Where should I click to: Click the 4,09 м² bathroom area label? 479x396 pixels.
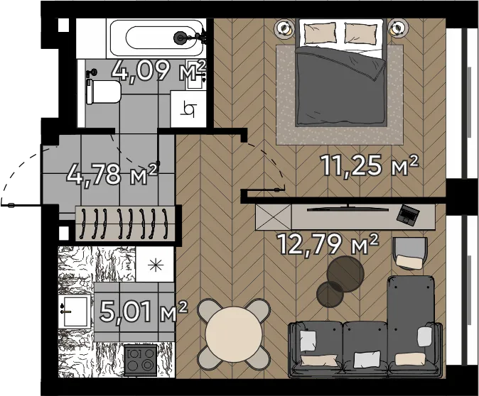pyautogui.click(x=159, y=71)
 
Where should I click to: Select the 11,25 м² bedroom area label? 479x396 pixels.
pyautogui.click(x=369, y=165)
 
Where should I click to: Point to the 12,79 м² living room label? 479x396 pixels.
pyautogui.click(x=328, y=244)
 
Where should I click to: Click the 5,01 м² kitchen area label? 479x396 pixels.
pyautogui.click(x=143, y=312)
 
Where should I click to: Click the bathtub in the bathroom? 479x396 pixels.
pyautogui.click(x=156, y=38)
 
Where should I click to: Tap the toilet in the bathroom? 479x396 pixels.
pyautogui.click(x=104, y=92)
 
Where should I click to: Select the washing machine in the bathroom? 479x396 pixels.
pyautogui.click(x=188, y=109)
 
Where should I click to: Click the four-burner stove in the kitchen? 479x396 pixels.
pyautogui.click(x=141, y=361)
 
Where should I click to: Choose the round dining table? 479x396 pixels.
pyautogui.click(x=234, y=334)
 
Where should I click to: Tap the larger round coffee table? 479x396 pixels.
pyautogui.click(x=345, y=274)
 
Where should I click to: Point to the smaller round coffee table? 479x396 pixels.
pyautogui.click(x=330, y=295)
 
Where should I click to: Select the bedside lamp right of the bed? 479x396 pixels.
pyautogui.click(x=399, y=28)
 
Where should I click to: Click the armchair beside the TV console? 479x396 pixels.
pyautogui.click(x=410, y=253)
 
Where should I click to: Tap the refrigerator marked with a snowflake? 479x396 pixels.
pyautogui.click(x=155, y=264)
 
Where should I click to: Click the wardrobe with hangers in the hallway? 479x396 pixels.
pyautogui.click(x=125, y=224)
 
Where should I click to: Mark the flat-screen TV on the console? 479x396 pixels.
pyautogui.click(x=348, y=209)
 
